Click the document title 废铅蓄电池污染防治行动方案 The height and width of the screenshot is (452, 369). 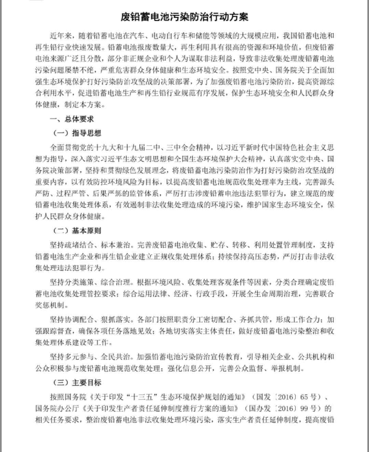pyautogui.click(x=184, y=17)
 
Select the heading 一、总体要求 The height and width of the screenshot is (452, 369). pyautogui.click(x=72, y=119)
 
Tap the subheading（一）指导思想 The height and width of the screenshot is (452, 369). pyautogui.click(x=77, y=133)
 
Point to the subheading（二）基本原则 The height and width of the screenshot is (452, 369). pyautogui.click(x=77, y=231)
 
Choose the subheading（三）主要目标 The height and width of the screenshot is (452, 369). pyautogui.click(x=77, y=382)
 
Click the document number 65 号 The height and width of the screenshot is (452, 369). pyautogui.click(x=309, y=397)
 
